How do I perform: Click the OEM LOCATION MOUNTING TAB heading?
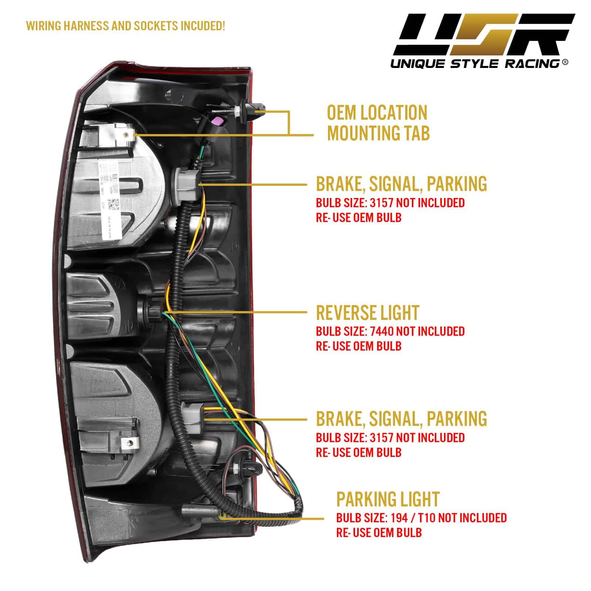[x=378, y=123]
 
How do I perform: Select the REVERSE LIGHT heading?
[x=368, y=313]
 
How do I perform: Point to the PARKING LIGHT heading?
[x=388, y=499]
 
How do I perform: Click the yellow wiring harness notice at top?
[x=125, y=26]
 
